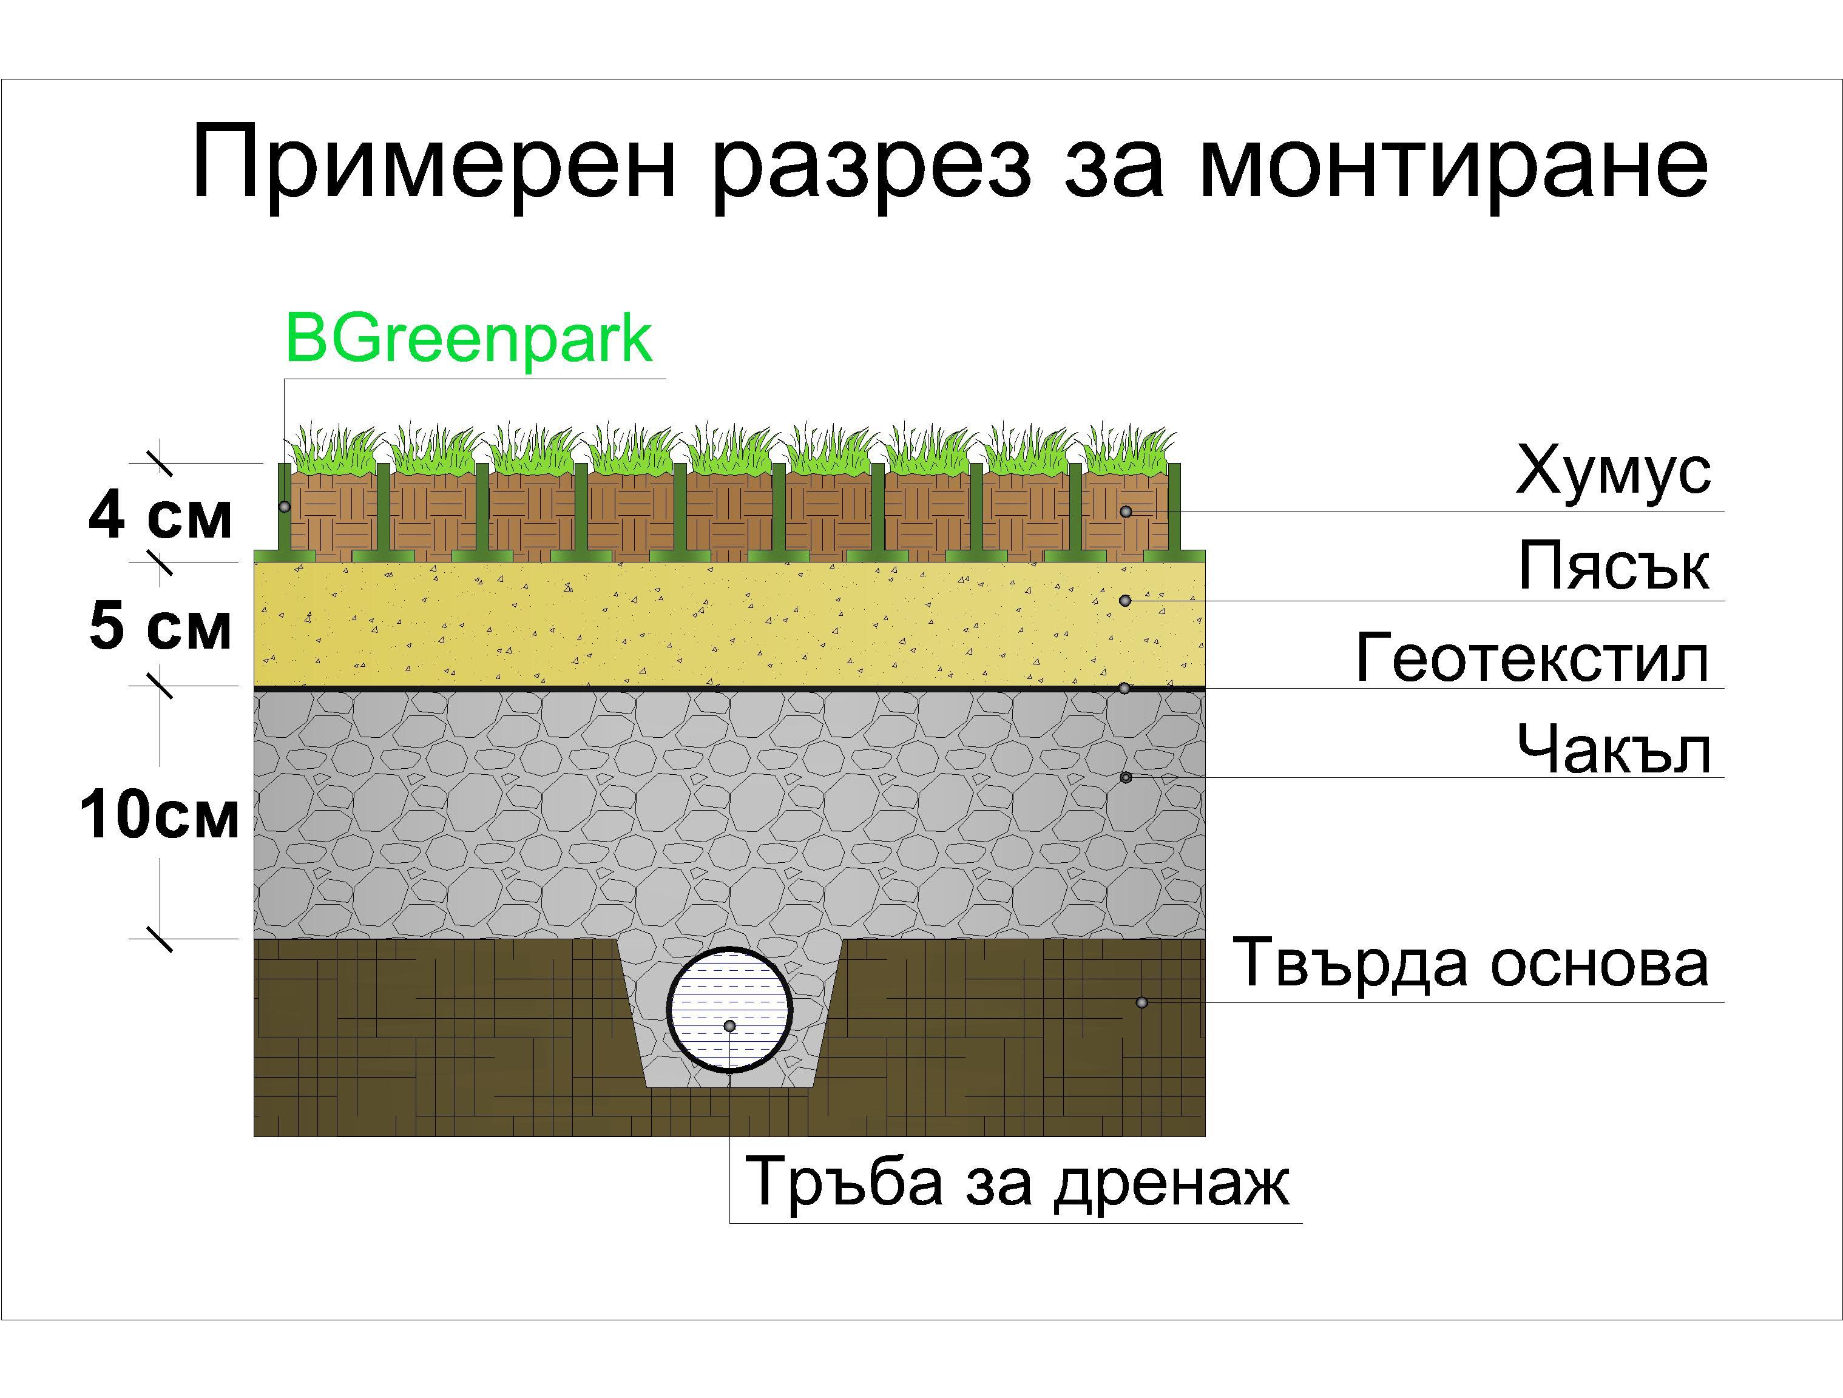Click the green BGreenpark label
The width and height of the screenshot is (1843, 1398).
(x=468, y=339)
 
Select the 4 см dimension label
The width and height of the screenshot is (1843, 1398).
(x=160, y=518)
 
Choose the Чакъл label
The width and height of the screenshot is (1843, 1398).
(x=1614, y=748)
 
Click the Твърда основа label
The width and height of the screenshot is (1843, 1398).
(x=1470, y=964)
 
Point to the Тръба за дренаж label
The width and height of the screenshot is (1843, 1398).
(x=1017, y=1181)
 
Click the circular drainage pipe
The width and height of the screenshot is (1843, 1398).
(x=730, y=1009)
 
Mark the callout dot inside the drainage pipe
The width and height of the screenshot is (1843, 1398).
(x=730, y=1025)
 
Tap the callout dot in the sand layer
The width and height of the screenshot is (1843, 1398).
(x=1125, y=601)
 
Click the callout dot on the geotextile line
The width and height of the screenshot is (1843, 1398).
(x=1125, y=688)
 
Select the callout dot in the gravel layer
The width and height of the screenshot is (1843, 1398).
(x=1126, y=777)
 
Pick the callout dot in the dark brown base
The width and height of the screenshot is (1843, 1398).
(x=1142, y=1002)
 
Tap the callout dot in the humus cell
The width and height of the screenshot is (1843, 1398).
(x=1126, y=512)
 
